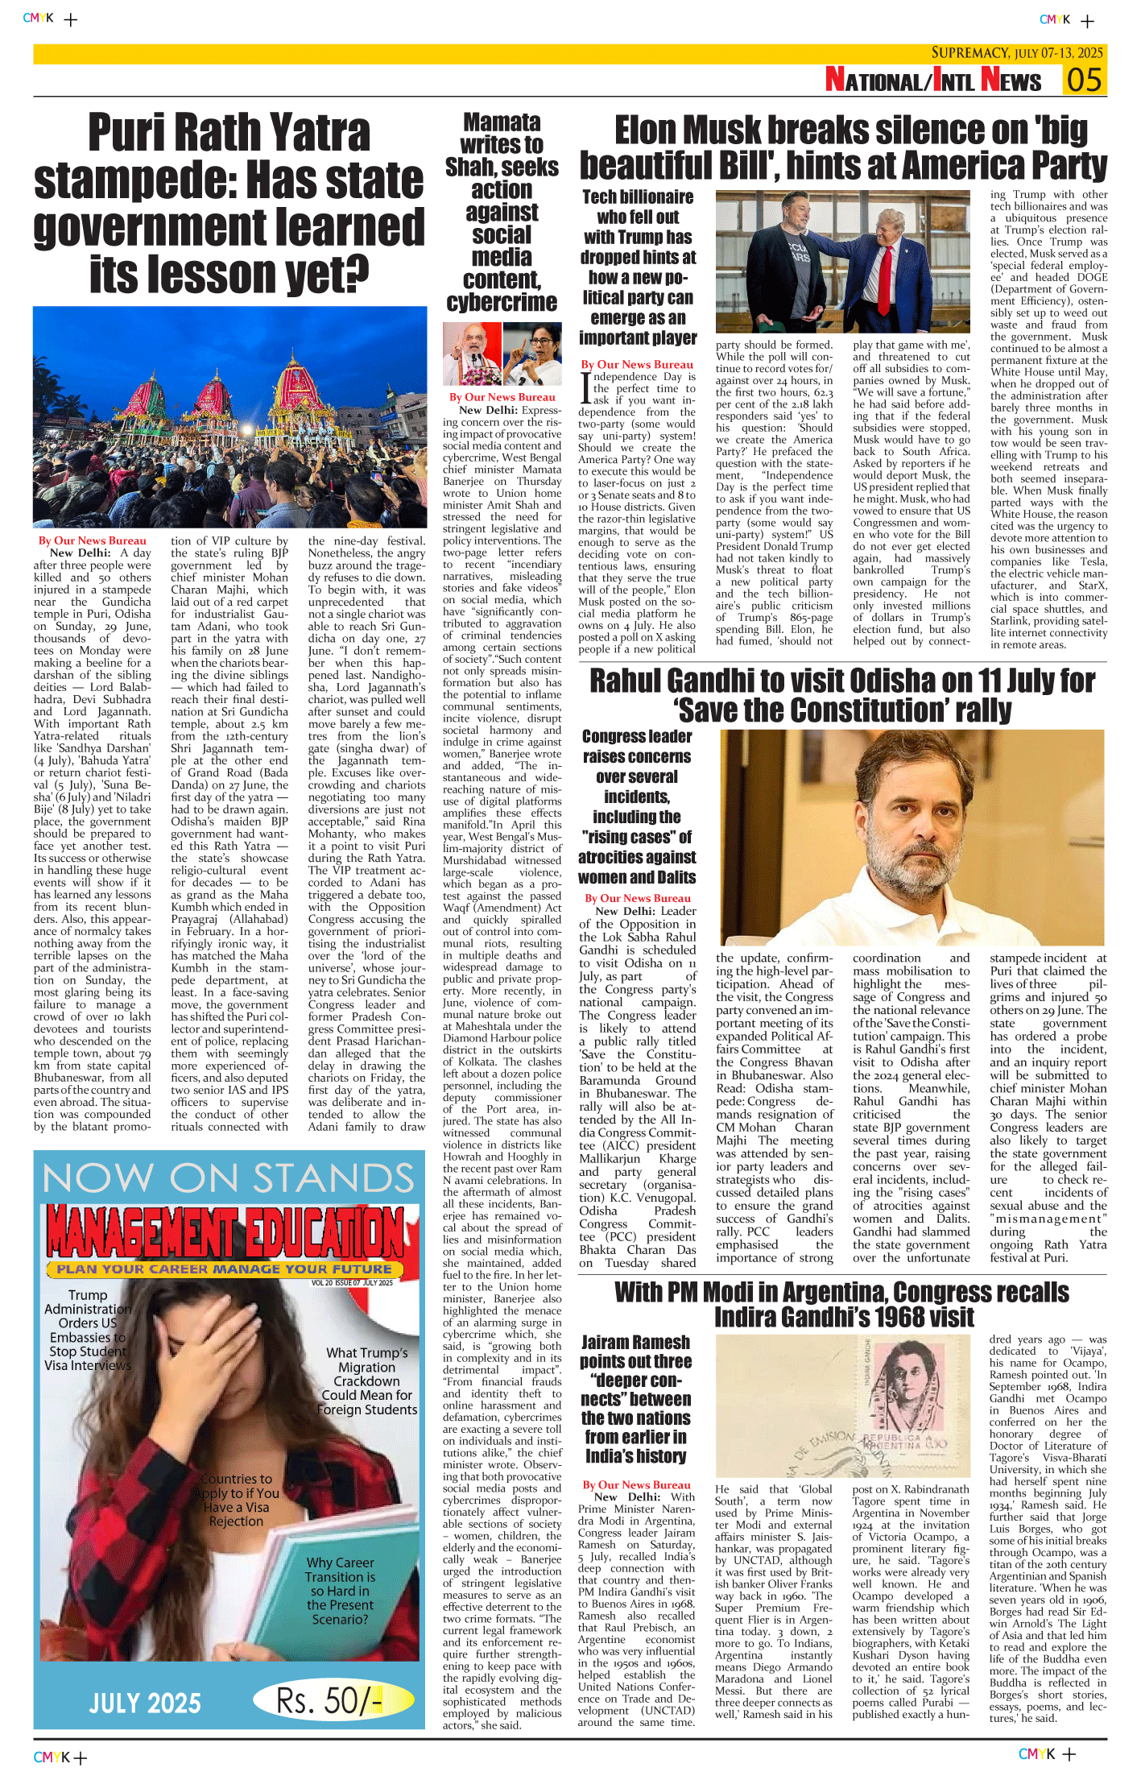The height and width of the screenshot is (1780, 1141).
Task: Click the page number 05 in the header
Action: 1084,81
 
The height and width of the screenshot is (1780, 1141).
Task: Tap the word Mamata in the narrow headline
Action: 502,122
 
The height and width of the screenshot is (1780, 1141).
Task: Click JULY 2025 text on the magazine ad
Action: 145,1703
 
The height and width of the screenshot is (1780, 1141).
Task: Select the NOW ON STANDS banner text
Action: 229,1178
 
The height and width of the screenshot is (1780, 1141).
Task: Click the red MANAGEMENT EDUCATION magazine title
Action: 225,1233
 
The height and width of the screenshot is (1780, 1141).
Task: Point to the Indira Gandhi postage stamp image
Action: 843,1405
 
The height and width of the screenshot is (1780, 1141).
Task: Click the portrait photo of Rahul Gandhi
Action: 912,838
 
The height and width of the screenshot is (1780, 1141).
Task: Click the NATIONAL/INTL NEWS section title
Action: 932,81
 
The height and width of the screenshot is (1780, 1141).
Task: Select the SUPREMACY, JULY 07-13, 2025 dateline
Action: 1017,53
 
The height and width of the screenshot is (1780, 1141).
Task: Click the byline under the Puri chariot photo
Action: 93,540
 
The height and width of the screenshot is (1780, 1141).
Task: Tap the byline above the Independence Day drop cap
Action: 637,364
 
